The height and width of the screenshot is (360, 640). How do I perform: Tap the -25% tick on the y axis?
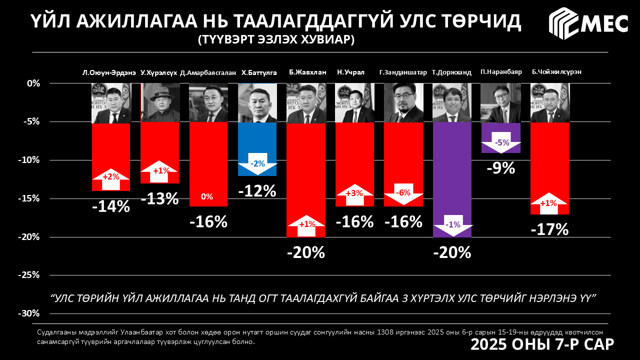point(29,275)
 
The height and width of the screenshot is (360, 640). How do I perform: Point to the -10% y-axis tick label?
point(29,160)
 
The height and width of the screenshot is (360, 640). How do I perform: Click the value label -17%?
point(549,229)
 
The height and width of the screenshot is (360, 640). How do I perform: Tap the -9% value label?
point(501,168)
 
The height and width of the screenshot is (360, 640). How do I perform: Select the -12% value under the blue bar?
point(257,191)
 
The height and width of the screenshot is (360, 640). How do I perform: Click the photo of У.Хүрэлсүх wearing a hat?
point(159,102)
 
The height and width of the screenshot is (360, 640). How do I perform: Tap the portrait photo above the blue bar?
point(257,102)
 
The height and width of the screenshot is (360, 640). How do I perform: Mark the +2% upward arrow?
point(110,178)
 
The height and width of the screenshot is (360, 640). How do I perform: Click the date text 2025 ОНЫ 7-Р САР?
point(542,344)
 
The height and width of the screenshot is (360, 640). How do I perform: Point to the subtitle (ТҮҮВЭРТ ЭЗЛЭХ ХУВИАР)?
point(276,39)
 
